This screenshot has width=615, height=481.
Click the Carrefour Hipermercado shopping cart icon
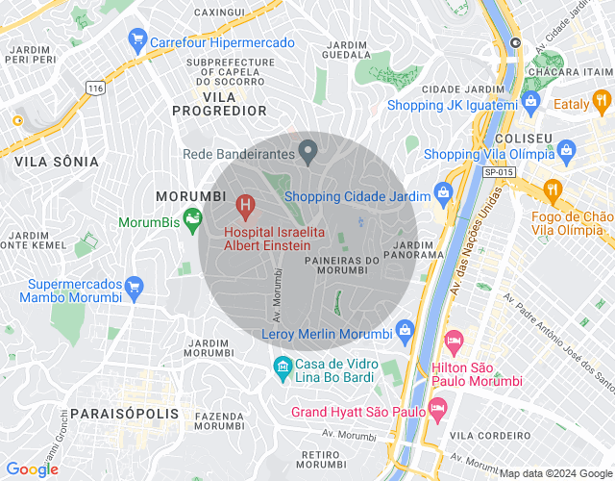pyautogui.click(x=136, y=39)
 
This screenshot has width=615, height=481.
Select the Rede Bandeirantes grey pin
pyautogui.click(x=308, y=152)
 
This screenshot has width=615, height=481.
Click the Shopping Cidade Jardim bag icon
pyautogui.click(x=443, y=192)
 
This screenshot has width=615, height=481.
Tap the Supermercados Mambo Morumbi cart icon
pyautogui.click(x=134, y=287)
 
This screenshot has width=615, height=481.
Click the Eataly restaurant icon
pyautogui.click(x=602, y=100)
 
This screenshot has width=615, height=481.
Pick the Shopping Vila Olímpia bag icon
pyautogui.click(x=567, y=151)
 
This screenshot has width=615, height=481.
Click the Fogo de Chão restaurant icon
pyautogui.click(x=552, y=189)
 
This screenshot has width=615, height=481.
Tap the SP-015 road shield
pyautogui.click(x=499, y=171)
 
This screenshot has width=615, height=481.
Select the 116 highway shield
pyautogui.click(x=94, y=88)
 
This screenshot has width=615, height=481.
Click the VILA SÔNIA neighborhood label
pyautogui.click(x=57, y=163)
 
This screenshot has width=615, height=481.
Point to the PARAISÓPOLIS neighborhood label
pyautogui.click(x=124, y=414)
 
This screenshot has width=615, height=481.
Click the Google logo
pyautogui.click(x=32, y=468)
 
